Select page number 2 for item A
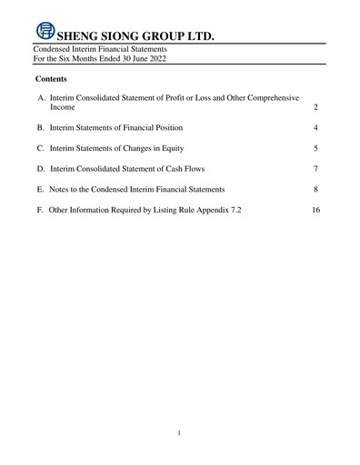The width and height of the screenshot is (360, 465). click(x=315, y=107)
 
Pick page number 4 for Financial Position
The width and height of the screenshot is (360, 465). click(x=315, y=128)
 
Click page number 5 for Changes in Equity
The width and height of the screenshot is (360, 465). click(x=315, y=148)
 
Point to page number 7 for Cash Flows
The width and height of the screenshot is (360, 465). click(x=315, y=169)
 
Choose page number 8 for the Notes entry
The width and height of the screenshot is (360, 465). click(x=315, y=189)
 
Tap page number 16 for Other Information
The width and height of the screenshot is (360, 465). click(x=315, y=210)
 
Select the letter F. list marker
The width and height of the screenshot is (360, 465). click(x=41, y=210)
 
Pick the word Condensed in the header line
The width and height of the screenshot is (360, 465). click(x=52, y=48)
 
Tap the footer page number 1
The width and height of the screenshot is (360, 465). click(x=180, y=432)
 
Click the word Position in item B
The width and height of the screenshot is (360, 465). click(x=167, y=128)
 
